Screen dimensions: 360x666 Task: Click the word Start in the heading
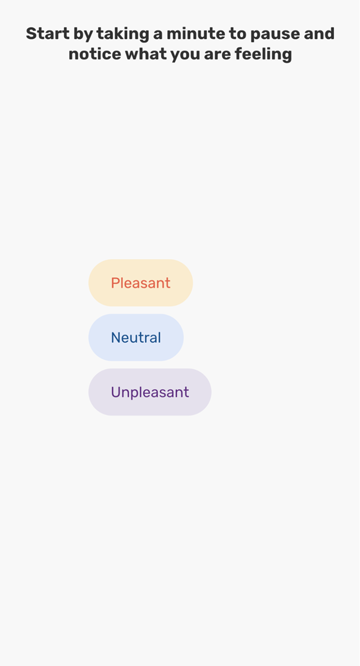(48, 33)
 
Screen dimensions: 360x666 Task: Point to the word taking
(123, 35)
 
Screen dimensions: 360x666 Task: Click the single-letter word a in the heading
(158, 35)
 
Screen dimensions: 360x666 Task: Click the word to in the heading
(237, 34)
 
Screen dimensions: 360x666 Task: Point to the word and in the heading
(317, 33)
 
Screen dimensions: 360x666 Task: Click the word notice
(95, 54)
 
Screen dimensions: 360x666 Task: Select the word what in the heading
(145, 54)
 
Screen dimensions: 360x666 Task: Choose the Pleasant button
(141, 283)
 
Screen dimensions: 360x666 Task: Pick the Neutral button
(136, 337)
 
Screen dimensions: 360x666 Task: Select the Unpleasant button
(150, 392)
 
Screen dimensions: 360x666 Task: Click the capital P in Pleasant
(116, 283)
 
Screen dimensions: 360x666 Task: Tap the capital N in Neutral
(116, 337)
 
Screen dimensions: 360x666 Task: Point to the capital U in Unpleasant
(116, 392)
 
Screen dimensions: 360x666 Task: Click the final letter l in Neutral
(159, 337)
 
